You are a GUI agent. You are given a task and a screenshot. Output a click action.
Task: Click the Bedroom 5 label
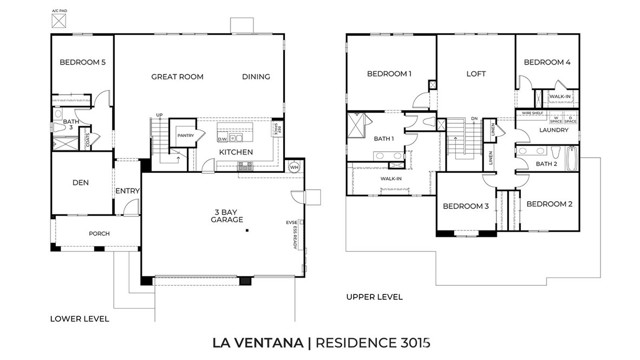pyautogui.click(x=83, y=63)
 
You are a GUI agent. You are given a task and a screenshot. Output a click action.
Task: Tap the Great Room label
pyautogui.click(x=178, y=76)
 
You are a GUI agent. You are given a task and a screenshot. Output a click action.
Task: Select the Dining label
pyautogui.click(x=256, y=76)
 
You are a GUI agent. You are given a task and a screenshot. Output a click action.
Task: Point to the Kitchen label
pyautogui.click(x=236, y=152)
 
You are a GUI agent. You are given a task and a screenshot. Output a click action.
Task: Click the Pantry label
pyautogui.click(x=185, y=136)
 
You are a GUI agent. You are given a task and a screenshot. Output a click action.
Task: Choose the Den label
pyautogui.click(x=83, y=183)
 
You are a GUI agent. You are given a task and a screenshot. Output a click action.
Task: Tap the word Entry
pyautogui.click(x=127, y=191)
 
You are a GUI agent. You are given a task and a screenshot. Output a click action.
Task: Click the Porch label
pyautogui.click(x=99, y=235)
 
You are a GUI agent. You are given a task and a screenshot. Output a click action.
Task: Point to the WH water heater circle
pyautogui.click(x=294, y=167)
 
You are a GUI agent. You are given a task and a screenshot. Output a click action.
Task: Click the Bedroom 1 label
pyautogui.click(x=388, y=74)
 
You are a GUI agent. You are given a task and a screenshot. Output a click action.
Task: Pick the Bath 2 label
pyautogui.click(x=546, y=163)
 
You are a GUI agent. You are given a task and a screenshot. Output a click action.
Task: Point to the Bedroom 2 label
pyautogui.click(x=549, y=204)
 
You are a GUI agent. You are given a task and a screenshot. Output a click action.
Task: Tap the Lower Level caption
pyautogui.click(x=78, y=319)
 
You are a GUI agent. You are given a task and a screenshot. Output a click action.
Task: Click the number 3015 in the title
pyautogui.click(x=410, y=344)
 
